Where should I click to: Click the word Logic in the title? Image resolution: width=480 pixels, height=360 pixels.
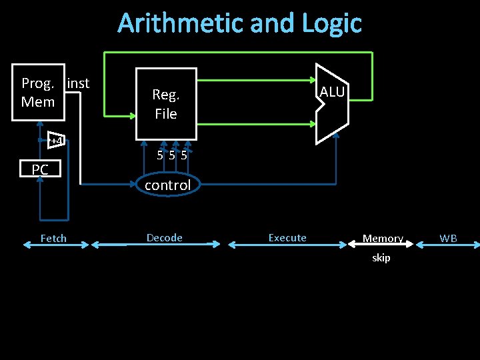[331, 24]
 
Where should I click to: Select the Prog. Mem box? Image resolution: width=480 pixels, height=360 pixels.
[38, 93]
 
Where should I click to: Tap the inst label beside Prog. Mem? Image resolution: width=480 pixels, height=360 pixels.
[78, 83]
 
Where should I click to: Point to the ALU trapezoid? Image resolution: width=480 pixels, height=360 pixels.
[331, 103]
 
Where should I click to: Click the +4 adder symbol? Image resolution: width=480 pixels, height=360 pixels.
[56, 141]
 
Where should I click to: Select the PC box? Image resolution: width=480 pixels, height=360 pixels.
[40, 170]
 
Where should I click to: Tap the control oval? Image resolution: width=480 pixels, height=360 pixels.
[167, 185]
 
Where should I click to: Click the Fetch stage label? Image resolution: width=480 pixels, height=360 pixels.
[53, 238]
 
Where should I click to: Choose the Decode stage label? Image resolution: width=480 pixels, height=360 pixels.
[164, 237]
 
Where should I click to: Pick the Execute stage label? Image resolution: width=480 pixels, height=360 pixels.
[287, 237]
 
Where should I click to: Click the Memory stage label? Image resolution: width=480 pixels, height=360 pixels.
[383, 238]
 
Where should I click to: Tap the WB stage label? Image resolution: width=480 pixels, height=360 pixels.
[448, 238]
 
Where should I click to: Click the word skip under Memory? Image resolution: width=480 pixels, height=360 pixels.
[381, 258]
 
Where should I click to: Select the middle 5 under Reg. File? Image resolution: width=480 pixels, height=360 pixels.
[173, 156]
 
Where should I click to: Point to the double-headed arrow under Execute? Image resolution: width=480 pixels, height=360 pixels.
[287, 245]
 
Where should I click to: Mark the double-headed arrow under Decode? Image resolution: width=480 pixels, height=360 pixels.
[156, 245]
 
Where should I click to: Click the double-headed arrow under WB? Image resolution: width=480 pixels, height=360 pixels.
[447, 245]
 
